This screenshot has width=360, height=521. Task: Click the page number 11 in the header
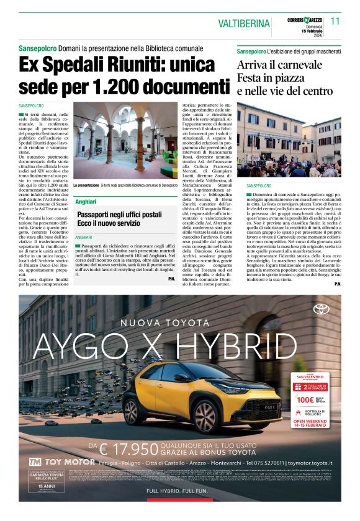point(335,20)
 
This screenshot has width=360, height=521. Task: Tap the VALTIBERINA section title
point(243,24)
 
